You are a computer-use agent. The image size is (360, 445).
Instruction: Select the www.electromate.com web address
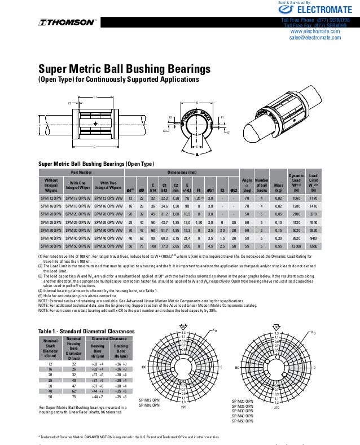tap(314, 32)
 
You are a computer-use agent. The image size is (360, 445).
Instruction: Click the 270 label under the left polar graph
tap(183, 407)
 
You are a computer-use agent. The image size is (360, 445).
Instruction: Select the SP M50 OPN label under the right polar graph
tap(243, 421)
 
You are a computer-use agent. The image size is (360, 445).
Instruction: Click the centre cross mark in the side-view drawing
tap(96, 124)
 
